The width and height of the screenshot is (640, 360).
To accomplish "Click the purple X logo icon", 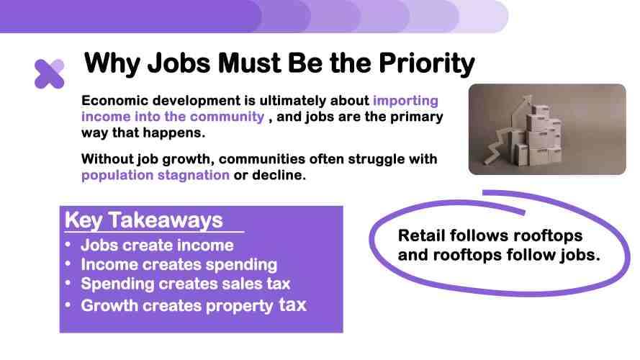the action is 50,74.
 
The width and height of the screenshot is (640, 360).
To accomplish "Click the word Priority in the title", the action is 426,63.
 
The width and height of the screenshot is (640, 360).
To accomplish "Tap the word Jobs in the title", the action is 179,63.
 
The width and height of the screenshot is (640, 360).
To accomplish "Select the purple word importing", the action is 406,101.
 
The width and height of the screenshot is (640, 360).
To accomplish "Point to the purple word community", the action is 227,117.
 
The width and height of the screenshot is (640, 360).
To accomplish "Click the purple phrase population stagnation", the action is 156,175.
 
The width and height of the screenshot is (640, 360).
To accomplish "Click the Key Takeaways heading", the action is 144,220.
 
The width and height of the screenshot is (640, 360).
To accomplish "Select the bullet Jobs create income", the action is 157,246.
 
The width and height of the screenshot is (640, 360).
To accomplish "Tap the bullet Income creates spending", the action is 179,264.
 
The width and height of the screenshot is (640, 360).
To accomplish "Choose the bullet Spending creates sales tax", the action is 185,284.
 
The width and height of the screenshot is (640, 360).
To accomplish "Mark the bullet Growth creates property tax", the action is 194,305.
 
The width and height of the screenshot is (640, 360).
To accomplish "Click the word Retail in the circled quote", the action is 421,235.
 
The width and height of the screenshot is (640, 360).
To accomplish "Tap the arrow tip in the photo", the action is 529,96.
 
